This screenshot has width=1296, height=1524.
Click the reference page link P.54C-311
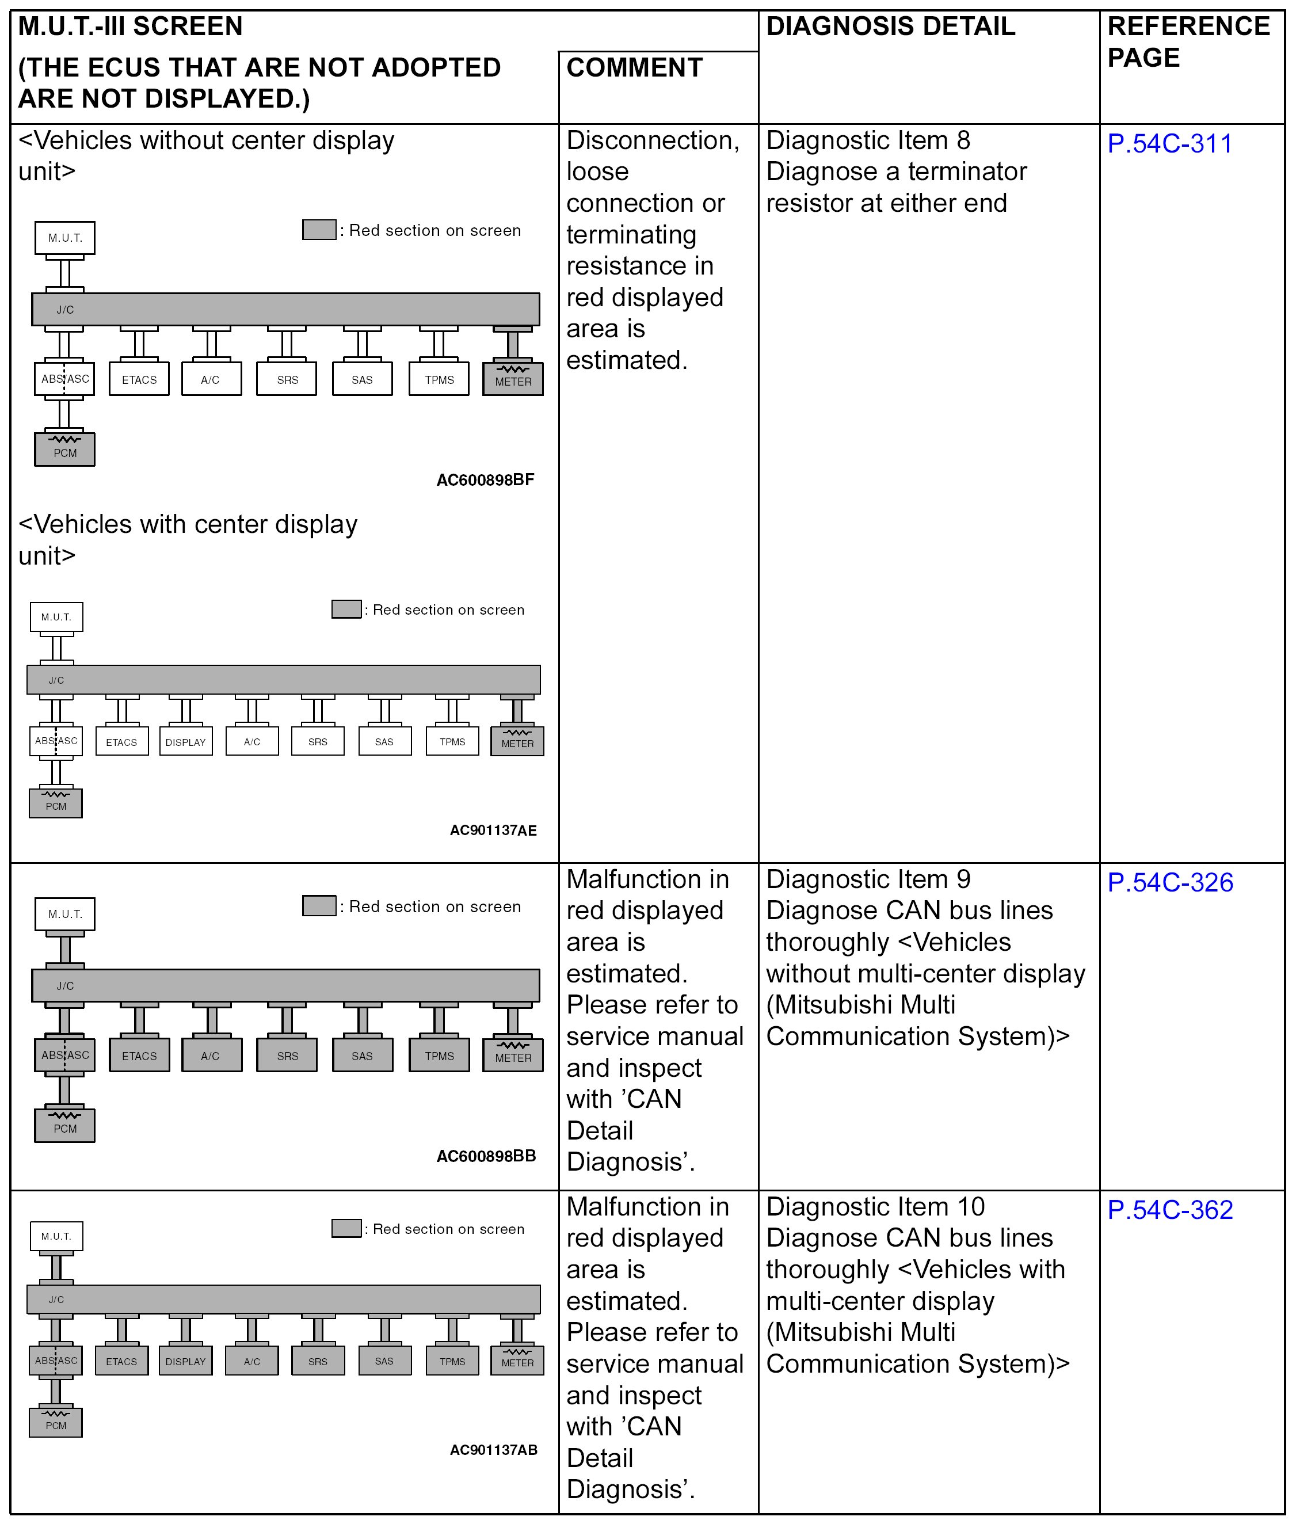pos(1169,143)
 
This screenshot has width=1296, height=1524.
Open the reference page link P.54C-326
pos(1169,882)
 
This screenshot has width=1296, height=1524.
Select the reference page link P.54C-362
pos(1169,1210)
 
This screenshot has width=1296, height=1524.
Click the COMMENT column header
pos(634,67)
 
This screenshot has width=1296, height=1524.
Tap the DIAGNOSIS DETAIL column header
pos(890,26)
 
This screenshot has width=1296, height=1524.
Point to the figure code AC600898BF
pos(485,480)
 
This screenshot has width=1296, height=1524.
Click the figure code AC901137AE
pos(493,830)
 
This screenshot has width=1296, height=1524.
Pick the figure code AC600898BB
pos(486,1156)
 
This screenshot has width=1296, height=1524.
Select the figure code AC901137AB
pos(493,1450)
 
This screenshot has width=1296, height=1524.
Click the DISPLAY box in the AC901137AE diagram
pos(186,741)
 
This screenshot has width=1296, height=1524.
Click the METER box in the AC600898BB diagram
pos(513,1055)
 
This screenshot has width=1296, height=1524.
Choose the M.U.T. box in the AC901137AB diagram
pos(56,1236)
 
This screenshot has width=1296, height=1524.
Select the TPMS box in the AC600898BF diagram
pos(439,379)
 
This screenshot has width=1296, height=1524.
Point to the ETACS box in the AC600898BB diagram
pos(139,1055)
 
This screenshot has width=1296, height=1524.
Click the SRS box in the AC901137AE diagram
pos(318,741)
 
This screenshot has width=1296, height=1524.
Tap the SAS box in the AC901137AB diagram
pos(384,1361)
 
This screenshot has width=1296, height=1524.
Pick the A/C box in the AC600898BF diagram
pos(211,379)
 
